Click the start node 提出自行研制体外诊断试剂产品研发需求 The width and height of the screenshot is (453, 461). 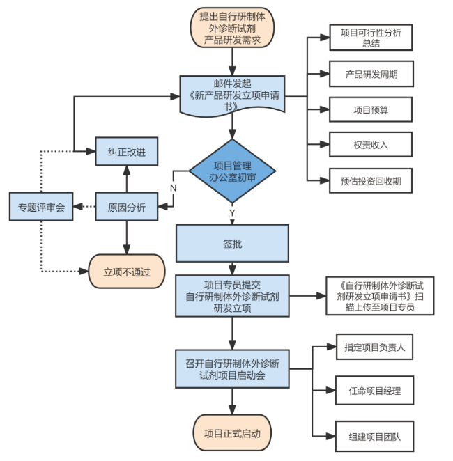(232, 28)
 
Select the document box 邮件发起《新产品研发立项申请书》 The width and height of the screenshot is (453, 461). (232, 95)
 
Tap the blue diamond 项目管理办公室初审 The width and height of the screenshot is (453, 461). (232, 171)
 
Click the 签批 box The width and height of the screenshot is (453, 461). (232, 244)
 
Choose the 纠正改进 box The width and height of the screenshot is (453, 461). (126, 150)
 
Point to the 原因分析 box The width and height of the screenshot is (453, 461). (126, 207)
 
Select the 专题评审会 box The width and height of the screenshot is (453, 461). (41, 207)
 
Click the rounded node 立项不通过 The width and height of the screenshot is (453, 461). (126, 272)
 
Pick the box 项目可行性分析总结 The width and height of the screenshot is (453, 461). (370, 38)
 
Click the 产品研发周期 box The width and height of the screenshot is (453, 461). (370, 73)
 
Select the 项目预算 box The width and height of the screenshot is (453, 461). (370, 109)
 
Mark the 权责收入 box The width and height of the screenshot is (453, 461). (370, 145)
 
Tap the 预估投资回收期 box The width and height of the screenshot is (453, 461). (370, 181)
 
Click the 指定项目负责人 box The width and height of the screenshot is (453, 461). (374, 346)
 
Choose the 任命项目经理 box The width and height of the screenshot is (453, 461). (374, 390)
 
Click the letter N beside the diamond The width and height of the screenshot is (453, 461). (173, 188)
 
